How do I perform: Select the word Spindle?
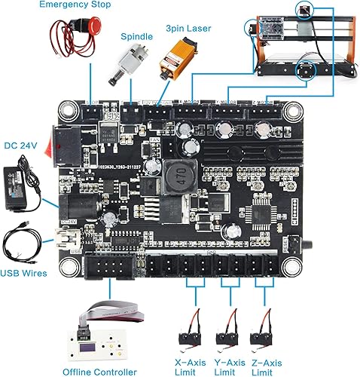pyautogui.click(x=136, y=35)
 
